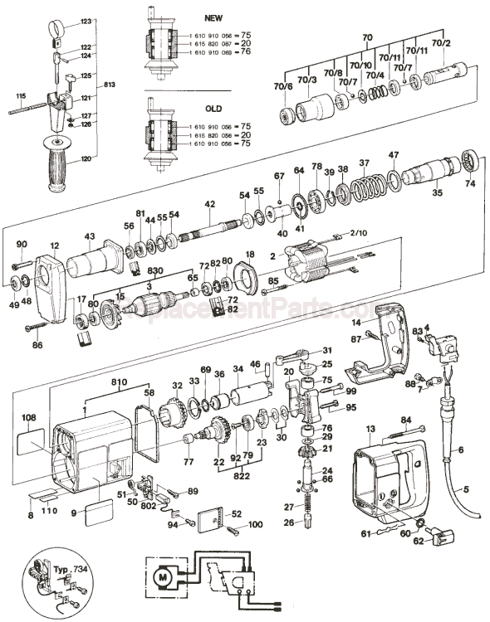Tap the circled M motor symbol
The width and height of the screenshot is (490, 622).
162,573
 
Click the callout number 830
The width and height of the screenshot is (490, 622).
154,271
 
